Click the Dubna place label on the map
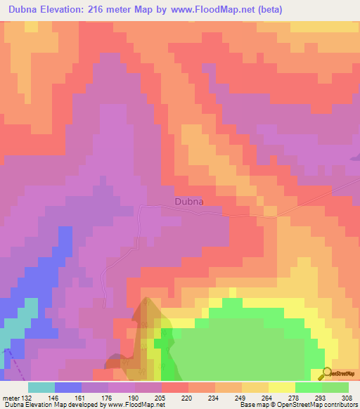[x=188, y=202]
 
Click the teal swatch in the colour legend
[x=41, y=387]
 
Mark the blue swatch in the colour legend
[x=68, y=387]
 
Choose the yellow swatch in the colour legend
[x=281, y=387]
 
